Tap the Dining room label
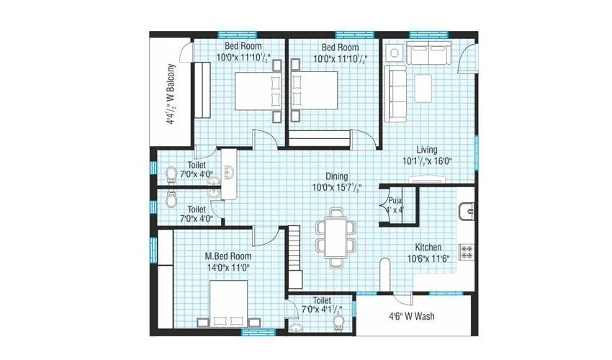pos(336,176)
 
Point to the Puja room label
pos(395,201)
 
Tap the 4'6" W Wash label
pos(412,316)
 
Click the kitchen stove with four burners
pos(467,251)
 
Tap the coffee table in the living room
pos(423,89)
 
